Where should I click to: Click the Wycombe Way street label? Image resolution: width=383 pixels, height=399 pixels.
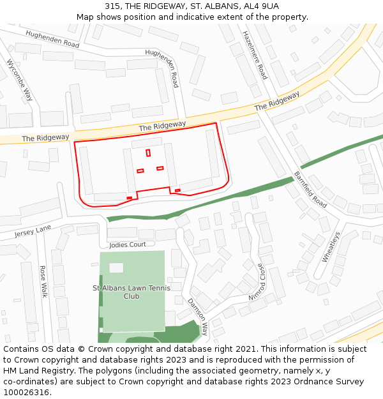[x=20, y=80]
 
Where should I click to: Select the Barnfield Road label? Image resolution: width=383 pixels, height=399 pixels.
[x=310, y=190]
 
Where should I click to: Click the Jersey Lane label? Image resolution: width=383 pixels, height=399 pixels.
[x=33, y=231]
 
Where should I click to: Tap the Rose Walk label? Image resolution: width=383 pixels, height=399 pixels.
[x=44, y=282]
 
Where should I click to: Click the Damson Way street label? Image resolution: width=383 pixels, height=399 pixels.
[x=197, y=317]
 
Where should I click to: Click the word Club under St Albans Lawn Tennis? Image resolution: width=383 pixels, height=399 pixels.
[x=131, y=296]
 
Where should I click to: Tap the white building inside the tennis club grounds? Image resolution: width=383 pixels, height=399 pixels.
[x=116, y=267]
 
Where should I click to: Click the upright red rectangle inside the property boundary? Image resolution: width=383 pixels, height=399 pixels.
[x=148, y=153]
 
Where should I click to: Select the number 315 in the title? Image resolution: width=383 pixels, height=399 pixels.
[x=112, y=6]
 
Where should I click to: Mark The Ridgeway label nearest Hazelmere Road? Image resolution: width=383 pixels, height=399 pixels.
[x=277, y=101]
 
